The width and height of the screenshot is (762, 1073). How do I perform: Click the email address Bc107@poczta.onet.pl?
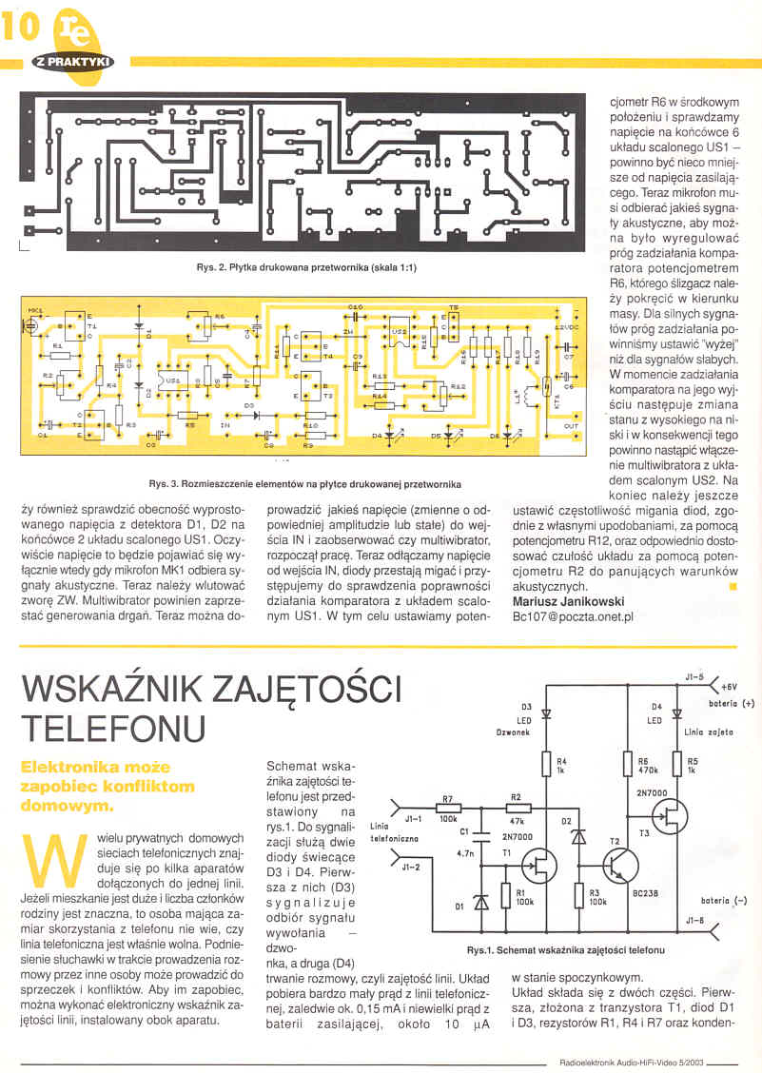pyautogui.click(x=573, y=616)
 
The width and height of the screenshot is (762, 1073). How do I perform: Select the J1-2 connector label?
pyautogui.click(x=412, y=867)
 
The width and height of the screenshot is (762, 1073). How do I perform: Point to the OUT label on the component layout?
pyautogui.click(x=571, y=425)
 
